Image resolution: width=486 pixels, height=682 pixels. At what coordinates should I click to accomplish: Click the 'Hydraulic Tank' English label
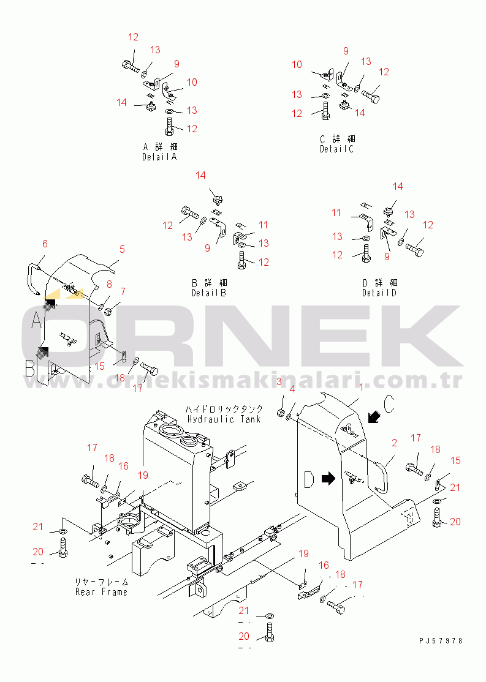(x=224, y=419)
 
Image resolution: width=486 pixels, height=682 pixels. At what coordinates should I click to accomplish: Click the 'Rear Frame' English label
(x=102, y=592)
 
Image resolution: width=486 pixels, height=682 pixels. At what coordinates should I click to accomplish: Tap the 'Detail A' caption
(x=159, y=157)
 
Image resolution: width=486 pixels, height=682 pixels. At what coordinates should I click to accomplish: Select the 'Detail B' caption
(x=208, y=293)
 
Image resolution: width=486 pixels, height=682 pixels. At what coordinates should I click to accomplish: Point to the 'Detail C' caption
(x=336, y=149)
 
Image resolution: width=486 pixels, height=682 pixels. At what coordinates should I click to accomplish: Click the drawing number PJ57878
(x=441, y=640)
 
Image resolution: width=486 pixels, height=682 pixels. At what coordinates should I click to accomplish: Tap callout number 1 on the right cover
(x=362, y=387)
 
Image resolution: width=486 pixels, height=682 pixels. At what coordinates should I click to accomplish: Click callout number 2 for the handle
(x=394, y=442)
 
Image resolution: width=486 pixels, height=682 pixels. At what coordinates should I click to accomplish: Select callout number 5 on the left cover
(x=122, y=249)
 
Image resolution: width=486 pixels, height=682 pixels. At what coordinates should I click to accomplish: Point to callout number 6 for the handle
(x=45, y=244)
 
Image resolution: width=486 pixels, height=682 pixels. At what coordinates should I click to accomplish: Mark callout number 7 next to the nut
(x=123, y=291)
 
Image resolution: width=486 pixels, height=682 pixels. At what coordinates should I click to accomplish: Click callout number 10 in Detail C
(x=297, y=64)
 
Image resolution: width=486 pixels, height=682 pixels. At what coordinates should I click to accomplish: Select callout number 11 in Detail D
(x=336, y=212)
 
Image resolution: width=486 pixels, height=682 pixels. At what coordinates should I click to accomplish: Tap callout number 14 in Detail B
(x=200, y=176)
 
